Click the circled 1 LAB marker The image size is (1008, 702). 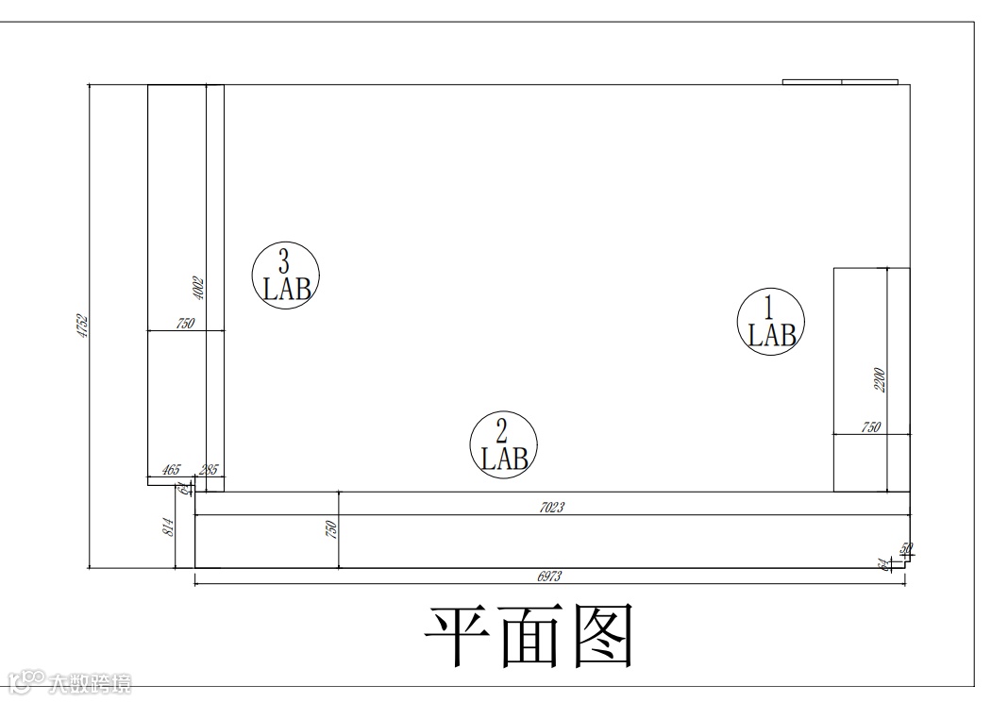click(x=771, y=322)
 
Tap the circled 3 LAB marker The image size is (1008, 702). click(x=286, y=275)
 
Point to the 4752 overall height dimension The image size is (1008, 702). click(x=83, y=326)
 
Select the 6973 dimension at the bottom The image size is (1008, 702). click(x=549, y=577)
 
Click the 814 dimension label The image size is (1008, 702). click(x=168, y=528)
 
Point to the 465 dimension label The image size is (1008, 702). click(x=171, y=469)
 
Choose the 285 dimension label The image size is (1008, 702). click(x=208, y=469)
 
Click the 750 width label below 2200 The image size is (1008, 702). click(x=870, y=427)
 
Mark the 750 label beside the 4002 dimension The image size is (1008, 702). click(x=185, y=324)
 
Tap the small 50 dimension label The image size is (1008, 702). click(x=907, y=548)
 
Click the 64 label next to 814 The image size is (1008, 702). click(x=183, y=489)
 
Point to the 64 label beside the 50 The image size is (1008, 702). click(x=884, y=563)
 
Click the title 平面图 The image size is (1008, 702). click(x=529, y=636)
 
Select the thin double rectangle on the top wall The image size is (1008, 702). click(x=840, y=81)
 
